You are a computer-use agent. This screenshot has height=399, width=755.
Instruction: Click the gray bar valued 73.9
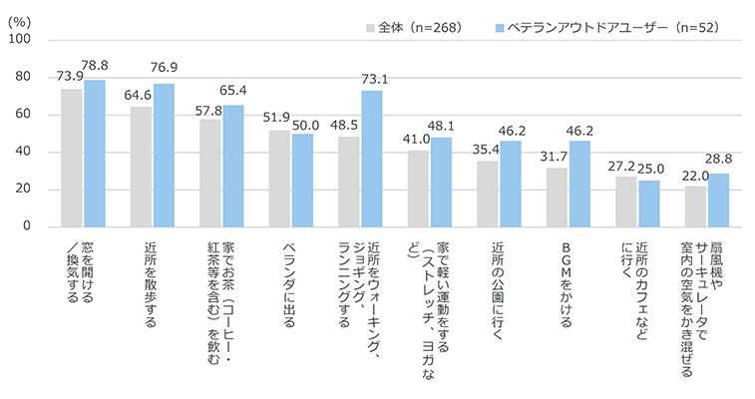pyautogui.click(x=72, y=158)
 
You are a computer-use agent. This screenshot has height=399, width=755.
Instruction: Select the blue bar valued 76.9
pyautogui.click(x=164, y=155)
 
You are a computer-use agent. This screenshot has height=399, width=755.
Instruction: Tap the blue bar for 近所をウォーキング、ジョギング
pyautogui.click(x=372, y=159)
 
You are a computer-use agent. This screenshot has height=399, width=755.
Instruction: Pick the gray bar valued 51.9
pyautogui.click(x=279, y=179)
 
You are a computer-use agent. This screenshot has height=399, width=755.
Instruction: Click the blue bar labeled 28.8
pyautogui.click(x=718, y=199)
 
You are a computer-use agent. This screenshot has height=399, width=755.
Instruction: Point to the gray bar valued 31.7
pyautogui.click(x=557, y=198)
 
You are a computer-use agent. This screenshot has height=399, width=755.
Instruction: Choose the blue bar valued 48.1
pyautogui.click(x=441, y=182)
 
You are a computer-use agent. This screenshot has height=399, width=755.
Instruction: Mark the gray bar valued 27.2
pyautogui.click(x=626, y=201)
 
